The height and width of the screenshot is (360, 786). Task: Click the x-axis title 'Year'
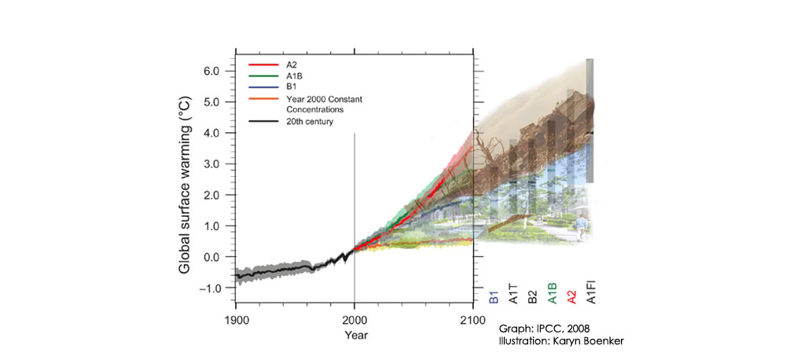(354, 334)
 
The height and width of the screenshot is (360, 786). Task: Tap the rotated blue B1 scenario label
(494, 296)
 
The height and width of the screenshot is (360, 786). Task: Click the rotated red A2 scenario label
(573, 296)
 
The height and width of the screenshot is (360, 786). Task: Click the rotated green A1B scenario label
(553, 293)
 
